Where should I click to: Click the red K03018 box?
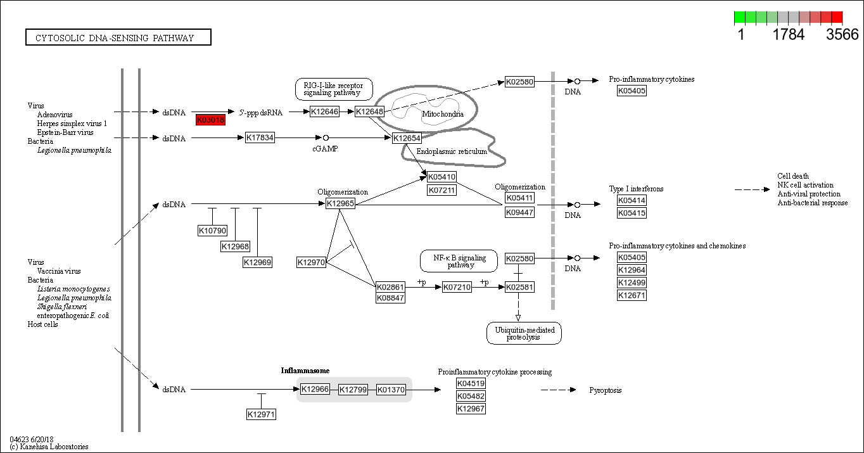point(210,120)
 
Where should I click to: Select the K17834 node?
point(260,137)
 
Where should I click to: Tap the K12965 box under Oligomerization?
point(340,203)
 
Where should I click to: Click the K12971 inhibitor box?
point(261,414)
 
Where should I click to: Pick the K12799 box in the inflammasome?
point(353,390)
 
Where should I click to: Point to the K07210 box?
point(457,287)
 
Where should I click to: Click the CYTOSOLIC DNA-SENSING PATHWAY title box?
point(118,38)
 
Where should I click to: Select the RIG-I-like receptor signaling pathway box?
point(334,89)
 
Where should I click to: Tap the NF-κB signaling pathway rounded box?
point(459,261)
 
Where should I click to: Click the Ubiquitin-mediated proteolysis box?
point(524,333)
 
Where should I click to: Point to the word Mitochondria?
point(442,115)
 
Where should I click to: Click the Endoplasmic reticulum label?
point(451,151)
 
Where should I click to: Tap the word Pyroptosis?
point(605,390)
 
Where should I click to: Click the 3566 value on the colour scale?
point(842,35)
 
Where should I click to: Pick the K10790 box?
point(212,231)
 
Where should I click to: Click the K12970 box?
point(312,262)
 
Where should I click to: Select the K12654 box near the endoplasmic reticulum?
point(407,138)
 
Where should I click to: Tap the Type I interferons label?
point(636,189)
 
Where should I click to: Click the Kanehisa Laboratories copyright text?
point(49,447)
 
